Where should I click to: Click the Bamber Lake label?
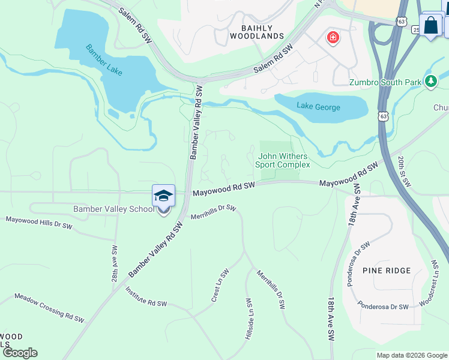pos(104,60)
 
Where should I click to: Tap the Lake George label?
pos(318,107)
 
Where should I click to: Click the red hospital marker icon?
pos(332,38)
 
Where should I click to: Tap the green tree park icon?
pos(430,81)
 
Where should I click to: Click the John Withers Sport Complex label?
pos(283,160)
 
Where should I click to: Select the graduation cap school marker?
pos(163,196)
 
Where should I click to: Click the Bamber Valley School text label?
pos(113,209)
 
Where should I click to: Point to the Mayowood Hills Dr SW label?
pos(38,223)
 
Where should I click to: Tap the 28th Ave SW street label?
pos(114,259)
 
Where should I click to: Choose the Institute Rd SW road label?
pos(146,297)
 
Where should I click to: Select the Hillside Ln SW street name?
pos(248,319)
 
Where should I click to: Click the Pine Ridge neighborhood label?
pos(387,271)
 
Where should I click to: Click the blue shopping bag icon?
pos(431,25)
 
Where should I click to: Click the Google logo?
pos(20,353)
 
